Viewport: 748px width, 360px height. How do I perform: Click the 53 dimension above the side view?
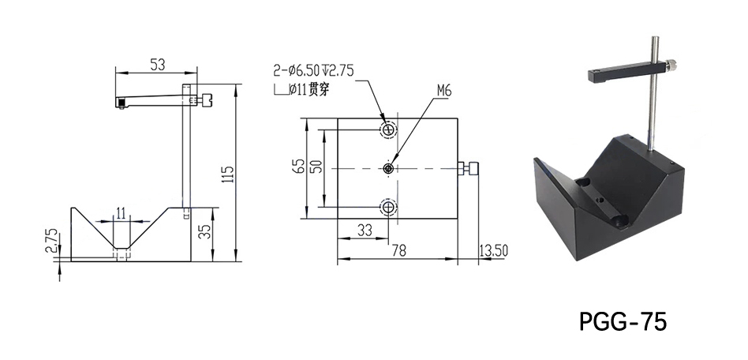click(x=157, y=65)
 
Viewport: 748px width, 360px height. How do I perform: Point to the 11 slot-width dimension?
click(x=121, y=211)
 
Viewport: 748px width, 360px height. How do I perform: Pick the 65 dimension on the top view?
click(x=298, y=167)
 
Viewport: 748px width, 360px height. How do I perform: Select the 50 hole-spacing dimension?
click(x=316, y=167)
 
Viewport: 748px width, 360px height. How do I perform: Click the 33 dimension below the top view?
click(x=365, y=231)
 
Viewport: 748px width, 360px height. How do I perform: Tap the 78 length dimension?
click(x=398, y=250)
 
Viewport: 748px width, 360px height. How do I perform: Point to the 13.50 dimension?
click(x=494, y=250)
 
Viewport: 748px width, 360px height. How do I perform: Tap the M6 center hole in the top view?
click(x=389, y=167)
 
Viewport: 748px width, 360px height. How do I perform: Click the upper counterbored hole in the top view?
click(x=388, y=129)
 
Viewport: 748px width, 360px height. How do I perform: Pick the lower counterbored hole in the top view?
click(x=388, y=207)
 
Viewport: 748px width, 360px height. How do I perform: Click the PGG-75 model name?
click(x=623, y=321)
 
